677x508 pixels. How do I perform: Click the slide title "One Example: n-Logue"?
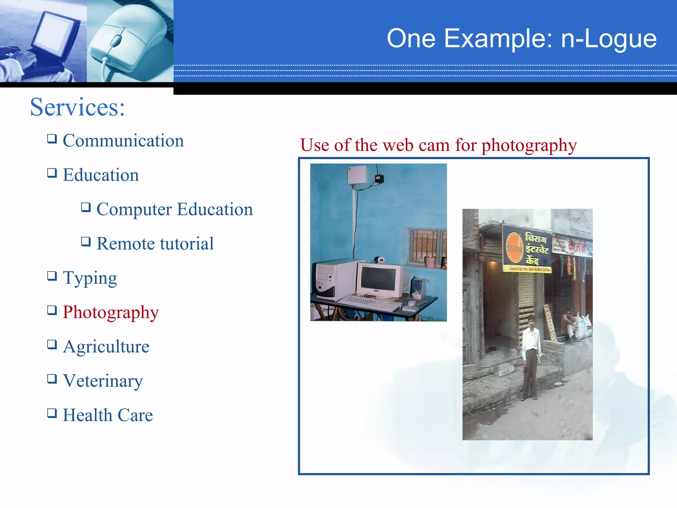tap(521, 39)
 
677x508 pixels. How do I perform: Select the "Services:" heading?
tap(77, 107)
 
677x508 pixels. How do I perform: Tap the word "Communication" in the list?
tap(123, 141)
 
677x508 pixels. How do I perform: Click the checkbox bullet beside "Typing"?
tap(52, 276)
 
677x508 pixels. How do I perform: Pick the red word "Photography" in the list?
tap(111, 312)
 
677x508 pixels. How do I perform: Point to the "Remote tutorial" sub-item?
tap(155, 244)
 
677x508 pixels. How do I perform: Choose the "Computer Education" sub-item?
tap(175, 209)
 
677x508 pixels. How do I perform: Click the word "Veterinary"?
tap(103, 381)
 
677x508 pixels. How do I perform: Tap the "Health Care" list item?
tap(108, 415)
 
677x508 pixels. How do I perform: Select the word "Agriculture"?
tap(106, 347)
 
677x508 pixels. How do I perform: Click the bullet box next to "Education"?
tap(52, 173)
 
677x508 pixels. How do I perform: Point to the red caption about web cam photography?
tap(438, 145)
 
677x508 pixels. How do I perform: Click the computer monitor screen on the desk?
tap(378, 278)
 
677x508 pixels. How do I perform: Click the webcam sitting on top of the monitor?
tap(381, 260)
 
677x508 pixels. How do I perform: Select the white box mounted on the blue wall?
tap(357, 174)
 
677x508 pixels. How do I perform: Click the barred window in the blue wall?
tap(424, 245)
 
